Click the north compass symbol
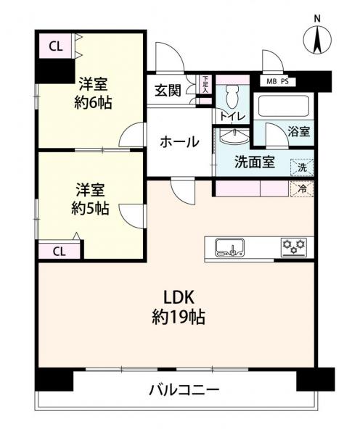tap(317, 40)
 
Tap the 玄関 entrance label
tap(168, 90)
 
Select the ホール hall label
tap(180, 142)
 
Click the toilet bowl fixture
tap(232, 96)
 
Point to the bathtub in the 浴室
tap(284, 107)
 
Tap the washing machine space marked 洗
tap(302, 167)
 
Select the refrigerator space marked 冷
tap(302, 189)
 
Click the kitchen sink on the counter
tap(229, 247)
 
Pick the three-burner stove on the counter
tap(294, 247)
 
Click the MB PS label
tap(277, 82)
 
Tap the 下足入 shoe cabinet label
tap(205, 84)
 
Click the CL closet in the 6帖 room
tap(55, 46)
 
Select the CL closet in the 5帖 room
tap(60, 252)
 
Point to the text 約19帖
tap(179, 317)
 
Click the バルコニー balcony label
tap(184, 390)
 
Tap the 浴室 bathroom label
tap(298, 131)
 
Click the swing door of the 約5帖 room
tap(132, 216)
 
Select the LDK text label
tap(178, 297)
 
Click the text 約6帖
tap(93, 103)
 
